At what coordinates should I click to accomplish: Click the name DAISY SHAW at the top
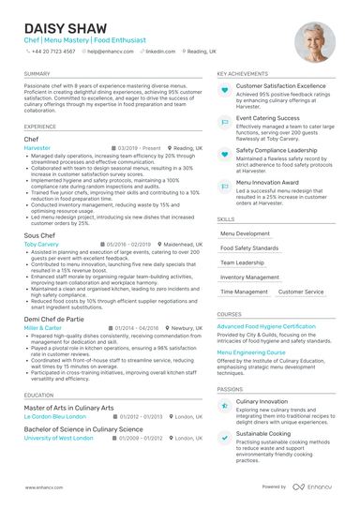[64, 29]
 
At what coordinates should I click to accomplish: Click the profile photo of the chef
[314, 41]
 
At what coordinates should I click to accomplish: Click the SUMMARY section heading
[37, 73]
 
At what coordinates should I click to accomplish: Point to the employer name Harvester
[37, 148]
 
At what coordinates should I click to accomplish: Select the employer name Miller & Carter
[42, 329]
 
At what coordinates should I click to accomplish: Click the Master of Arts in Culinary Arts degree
[68, 408]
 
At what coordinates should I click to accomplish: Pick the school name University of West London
[58, 438]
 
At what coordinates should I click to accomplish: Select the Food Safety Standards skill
[249, 248]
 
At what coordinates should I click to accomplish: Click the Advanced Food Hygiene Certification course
[266, 326]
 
